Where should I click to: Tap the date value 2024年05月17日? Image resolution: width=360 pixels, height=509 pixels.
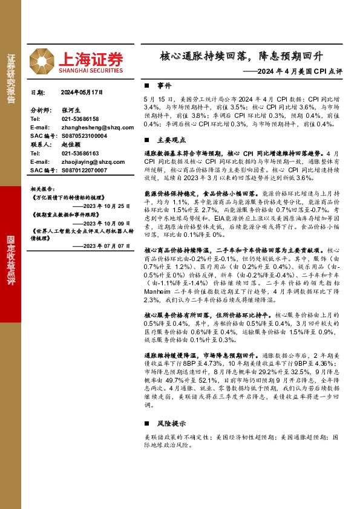(83, 93)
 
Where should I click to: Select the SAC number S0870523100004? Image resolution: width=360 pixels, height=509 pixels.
(84, 137)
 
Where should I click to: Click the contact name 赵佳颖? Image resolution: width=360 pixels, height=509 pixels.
(71, 145)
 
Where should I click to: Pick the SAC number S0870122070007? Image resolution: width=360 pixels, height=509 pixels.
(84, 170)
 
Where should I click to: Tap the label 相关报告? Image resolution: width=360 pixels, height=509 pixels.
(43, 189)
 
